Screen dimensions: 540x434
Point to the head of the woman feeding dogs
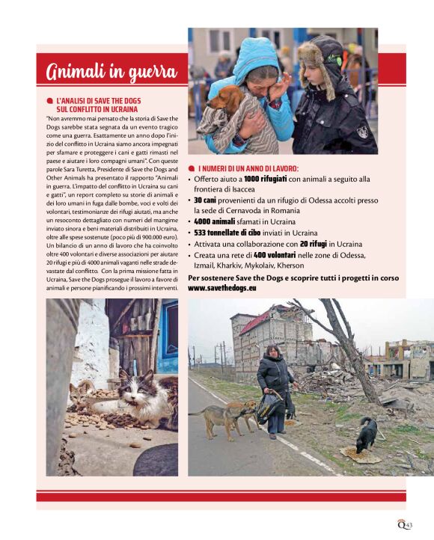click(269, 351)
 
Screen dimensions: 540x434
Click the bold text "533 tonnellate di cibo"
click(229, 233)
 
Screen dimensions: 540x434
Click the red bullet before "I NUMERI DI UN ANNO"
click(192, 169)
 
